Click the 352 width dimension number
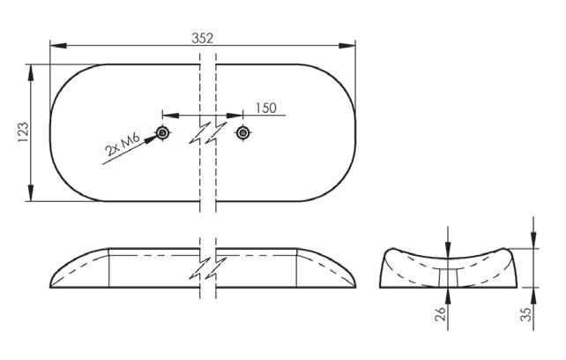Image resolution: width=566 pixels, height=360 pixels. tap(203, 38)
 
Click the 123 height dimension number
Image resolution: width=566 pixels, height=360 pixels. tap(23, 132)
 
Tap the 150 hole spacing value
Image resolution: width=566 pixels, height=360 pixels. tap(266, 108)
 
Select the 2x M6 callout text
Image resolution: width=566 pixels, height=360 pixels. tap(122, 144)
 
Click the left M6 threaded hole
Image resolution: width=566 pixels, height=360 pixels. tap(163, 133)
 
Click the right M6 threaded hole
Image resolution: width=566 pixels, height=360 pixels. tap(243, 133)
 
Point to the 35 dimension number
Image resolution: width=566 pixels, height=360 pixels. tap(526, 314)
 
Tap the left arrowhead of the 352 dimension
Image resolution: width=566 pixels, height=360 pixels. tap(58, 46)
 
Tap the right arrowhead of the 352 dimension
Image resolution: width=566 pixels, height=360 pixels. tap(346, 46)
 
